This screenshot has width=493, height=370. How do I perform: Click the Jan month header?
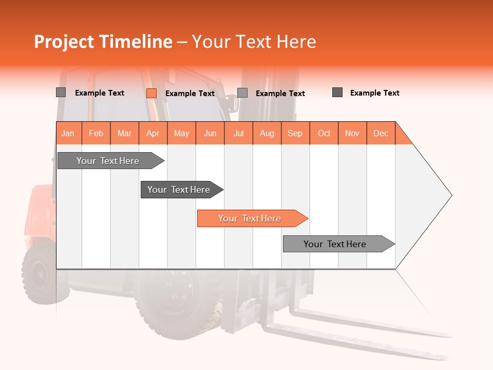[68, 133]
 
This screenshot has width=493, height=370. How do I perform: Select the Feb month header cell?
[96, 133]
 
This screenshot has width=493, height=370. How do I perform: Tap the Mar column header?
[124, 133]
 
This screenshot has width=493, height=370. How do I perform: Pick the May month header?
[181, 133]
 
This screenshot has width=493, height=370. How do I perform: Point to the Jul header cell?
[238, 133]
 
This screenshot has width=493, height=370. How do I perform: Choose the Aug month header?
[267, 133]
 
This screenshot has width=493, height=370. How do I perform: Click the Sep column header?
[295, 133]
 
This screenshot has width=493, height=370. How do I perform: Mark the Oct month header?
[324, 133]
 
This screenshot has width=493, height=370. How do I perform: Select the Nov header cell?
[352, 133]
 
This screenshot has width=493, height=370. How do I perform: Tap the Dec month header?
[381, 133]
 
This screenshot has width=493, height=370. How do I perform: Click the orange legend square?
[151, 93]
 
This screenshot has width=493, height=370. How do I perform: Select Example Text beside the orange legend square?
[189, 94]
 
